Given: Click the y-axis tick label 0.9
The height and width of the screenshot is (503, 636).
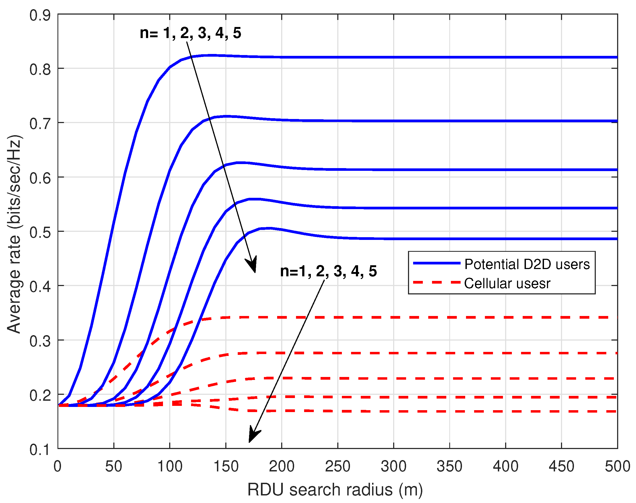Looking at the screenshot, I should [40, 15].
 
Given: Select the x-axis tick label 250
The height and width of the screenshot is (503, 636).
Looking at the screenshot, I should [338, 467].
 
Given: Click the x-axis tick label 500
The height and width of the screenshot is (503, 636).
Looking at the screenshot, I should [617, 467].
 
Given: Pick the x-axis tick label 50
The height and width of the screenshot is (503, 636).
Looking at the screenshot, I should [114, 467].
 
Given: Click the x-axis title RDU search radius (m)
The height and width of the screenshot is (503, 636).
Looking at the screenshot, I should [335, 490].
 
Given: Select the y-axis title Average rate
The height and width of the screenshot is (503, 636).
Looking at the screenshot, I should [14, 234].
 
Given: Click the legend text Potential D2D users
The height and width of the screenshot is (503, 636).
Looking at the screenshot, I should [527, 264].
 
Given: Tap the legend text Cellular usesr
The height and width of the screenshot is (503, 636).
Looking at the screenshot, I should [507, 283].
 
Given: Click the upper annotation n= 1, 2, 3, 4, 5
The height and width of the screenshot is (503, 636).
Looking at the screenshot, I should [190, 33].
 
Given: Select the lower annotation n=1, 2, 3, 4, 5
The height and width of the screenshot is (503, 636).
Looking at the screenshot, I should [328, 271].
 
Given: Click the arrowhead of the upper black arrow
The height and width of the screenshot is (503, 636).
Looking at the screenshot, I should [253, 265].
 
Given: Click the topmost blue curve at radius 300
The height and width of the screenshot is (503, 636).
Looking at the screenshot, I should [394, 57].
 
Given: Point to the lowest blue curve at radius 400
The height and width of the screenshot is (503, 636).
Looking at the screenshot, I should [506, 239].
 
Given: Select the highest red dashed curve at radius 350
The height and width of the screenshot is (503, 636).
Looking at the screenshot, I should [450, 317].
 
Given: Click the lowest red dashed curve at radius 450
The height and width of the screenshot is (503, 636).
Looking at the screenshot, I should [562, 411].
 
